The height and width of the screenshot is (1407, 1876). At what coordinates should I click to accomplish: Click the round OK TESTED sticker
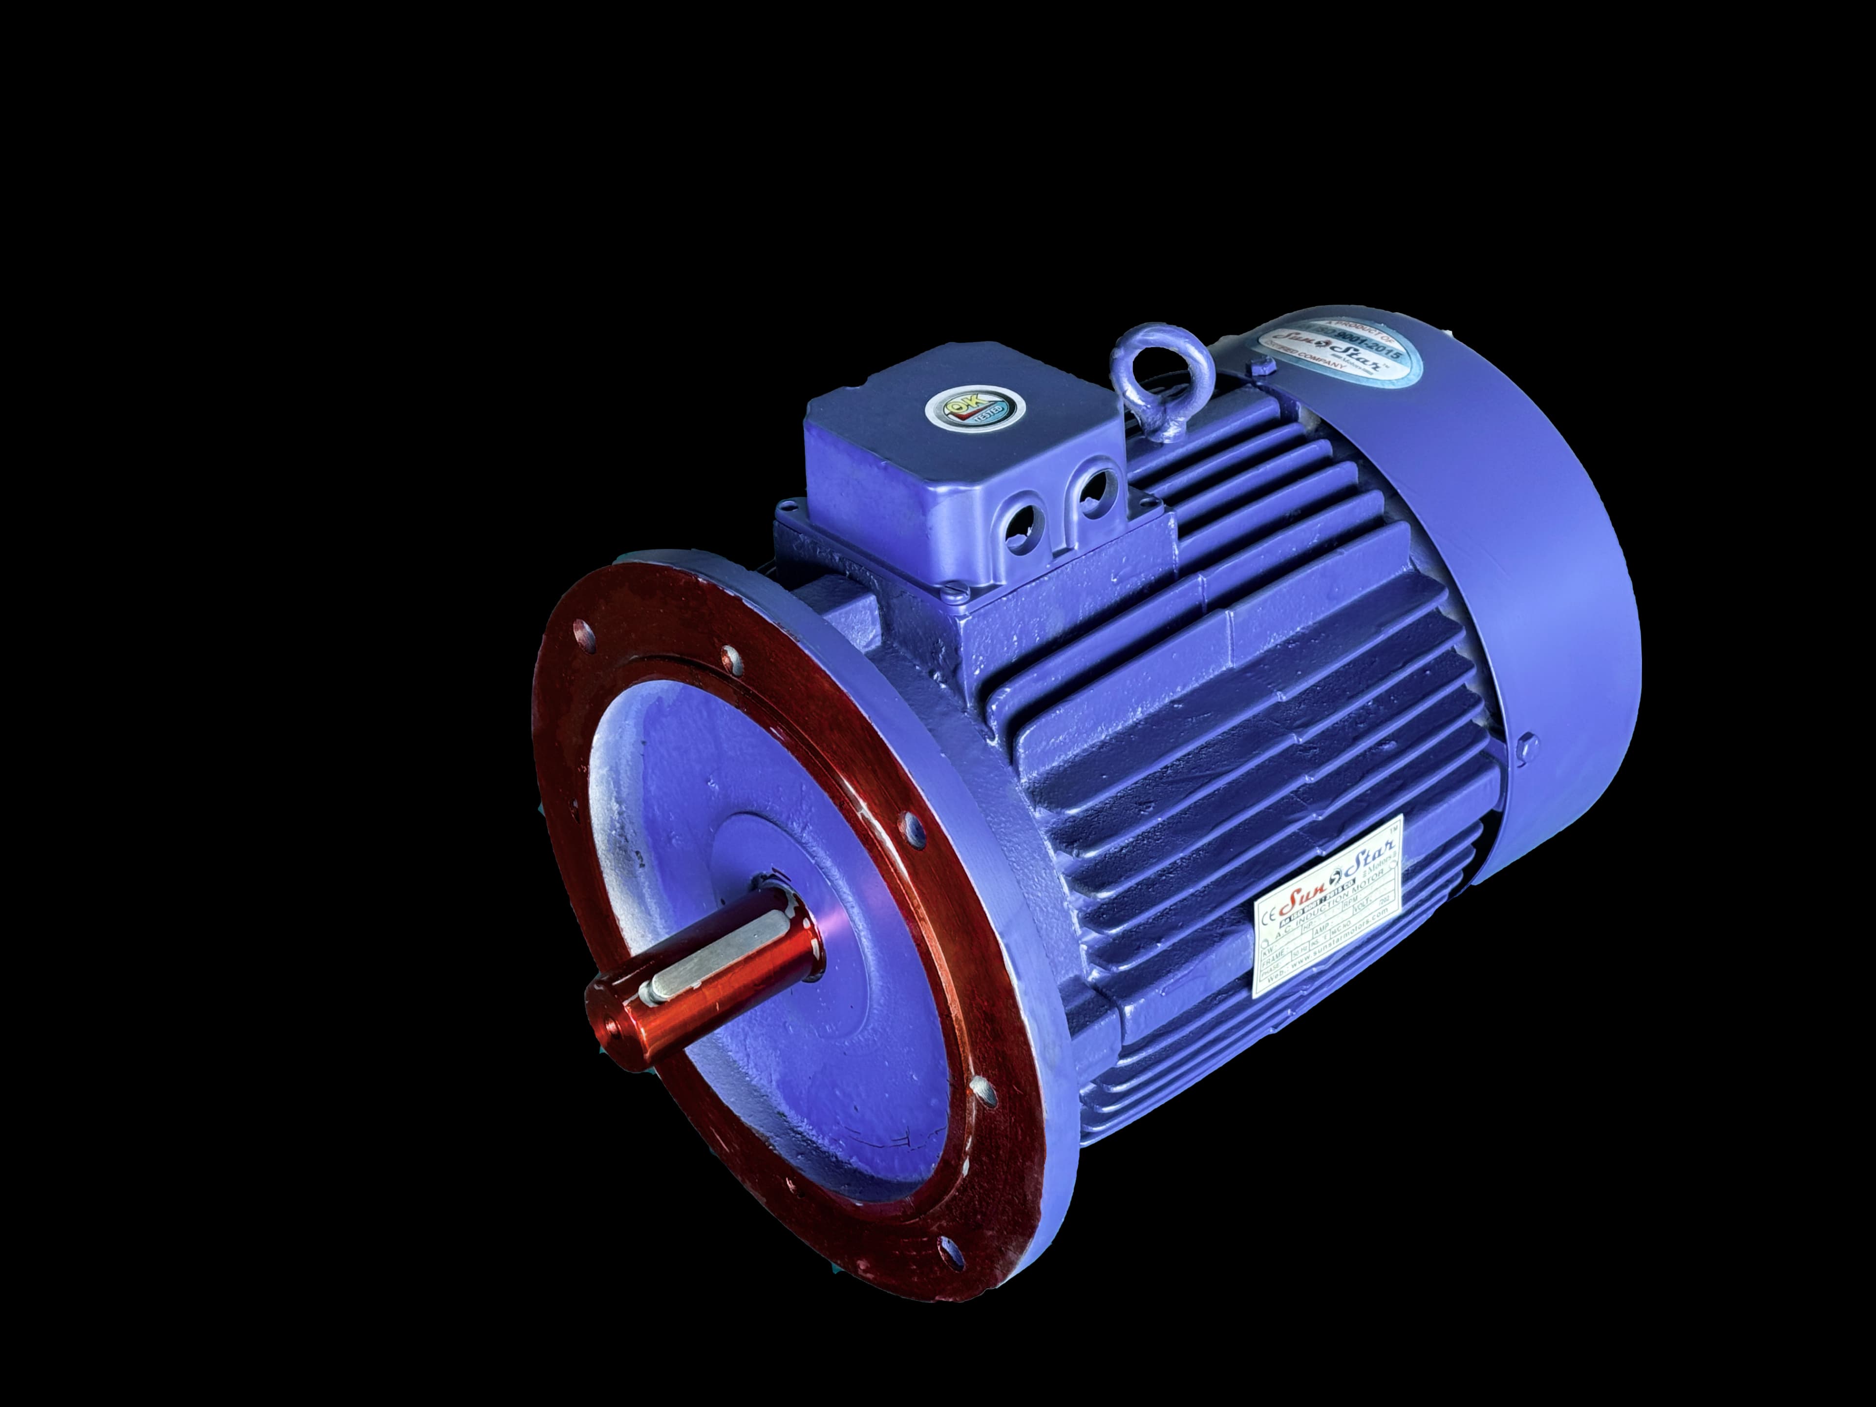968,410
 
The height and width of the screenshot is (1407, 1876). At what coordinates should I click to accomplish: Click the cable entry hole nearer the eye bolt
1094,492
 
